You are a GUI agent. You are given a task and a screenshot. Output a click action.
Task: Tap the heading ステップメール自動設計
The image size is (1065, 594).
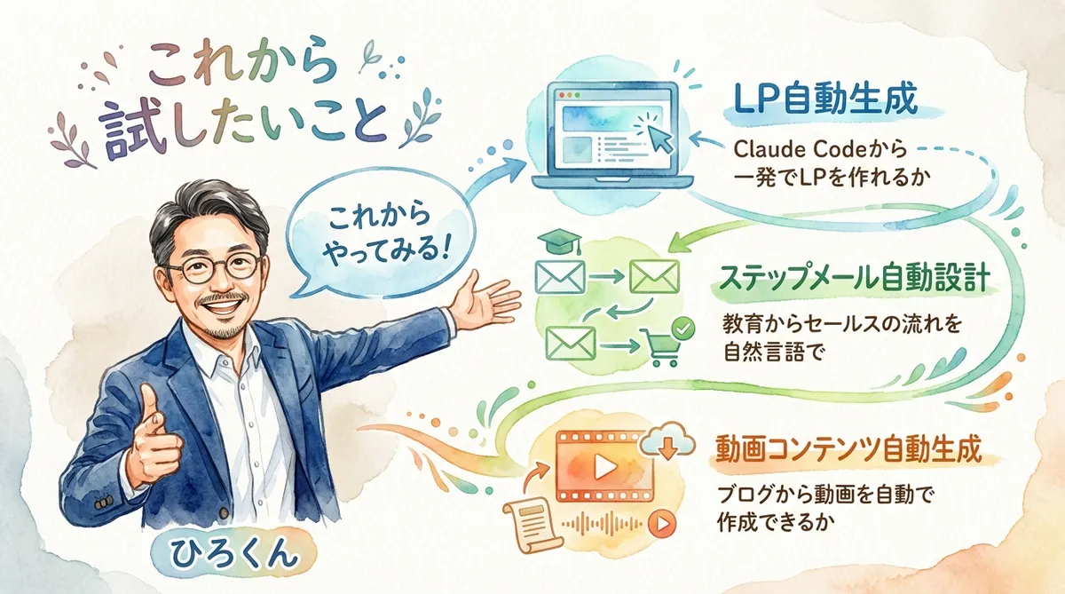[853, 278]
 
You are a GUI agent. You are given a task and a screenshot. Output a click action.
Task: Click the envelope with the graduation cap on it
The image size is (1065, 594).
[560, 275]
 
